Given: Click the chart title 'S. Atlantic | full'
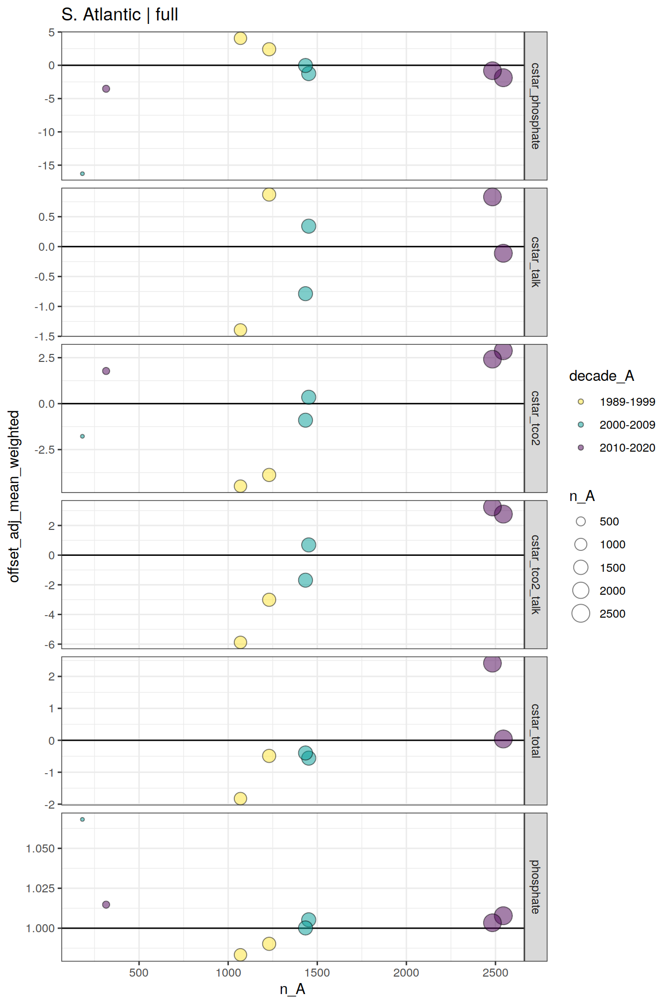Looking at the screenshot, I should (x=120, y=14).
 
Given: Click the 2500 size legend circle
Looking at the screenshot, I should (x=581, y=614).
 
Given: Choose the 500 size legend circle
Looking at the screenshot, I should (x=581, y=521).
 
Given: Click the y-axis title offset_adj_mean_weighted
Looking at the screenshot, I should (x=14, y=497).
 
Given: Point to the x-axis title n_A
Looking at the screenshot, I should (x=292, y=989).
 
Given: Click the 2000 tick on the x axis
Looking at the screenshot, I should (x=406, y=973).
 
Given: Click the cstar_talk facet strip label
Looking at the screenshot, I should (x=535, y=262).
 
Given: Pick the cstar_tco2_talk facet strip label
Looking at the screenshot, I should (x=535, y=574).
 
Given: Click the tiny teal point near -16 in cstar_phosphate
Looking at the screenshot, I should (x=82, y=173).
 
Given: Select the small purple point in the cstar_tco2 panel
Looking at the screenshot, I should (x=106, y=371).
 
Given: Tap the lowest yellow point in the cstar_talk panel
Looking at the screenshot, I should (x=240, y=330).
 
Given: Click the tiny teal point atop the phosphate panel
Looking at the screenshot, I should (x=82, y=820).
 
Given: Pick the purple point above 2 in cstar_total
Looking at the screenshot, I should (x=492, y=664).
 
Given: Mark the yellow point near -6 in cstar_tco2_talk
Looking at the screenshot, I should (x=240, y=642).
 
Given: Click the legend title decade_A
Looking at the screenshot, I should (x=601, y=376).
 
